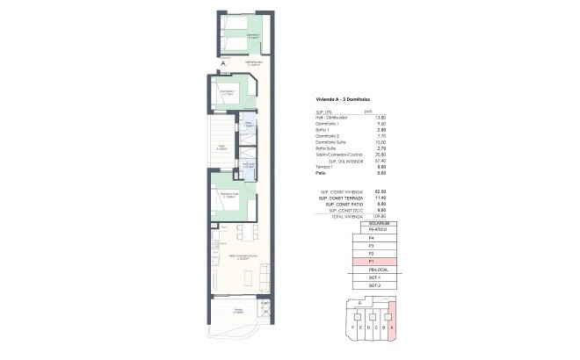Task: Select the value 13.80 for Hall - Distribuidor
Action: (369, 118)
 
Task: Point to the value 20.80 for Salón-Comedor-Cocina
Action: (369, 155)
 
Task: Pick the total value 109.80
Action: (369, 215)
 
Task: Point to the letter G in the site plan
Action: (349, 301)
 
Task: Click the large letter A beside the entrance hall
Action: (223, 63)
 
